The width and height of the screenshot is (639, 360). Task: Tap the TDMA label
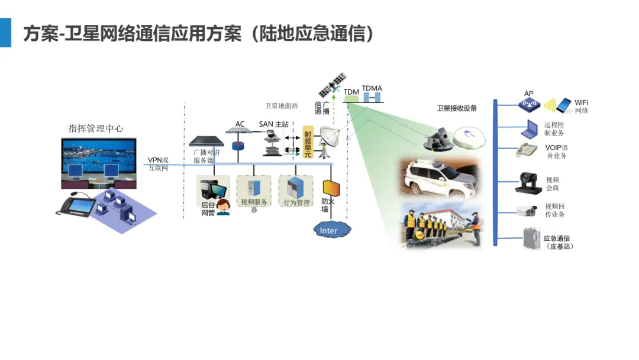[372, 88]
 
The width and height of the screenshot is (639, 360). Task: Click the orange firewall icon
[331, 188]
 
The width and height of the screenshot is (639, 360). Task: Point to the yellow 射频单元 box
[307, 142]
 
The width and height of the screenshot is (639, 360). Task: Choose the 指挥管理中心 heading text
[96, 128]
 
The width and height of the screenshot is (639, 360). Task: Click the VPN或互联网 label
[158, 164]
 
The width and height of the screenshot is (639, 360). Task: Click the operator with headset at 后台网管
[223, 207]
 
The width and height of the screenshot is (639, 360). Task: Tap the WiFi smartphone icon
[564, 105]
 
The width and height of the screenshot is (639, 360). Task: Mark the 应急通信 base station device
[531, 240]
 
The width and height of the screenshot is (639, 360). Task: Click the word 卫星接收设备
[457, 108]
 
